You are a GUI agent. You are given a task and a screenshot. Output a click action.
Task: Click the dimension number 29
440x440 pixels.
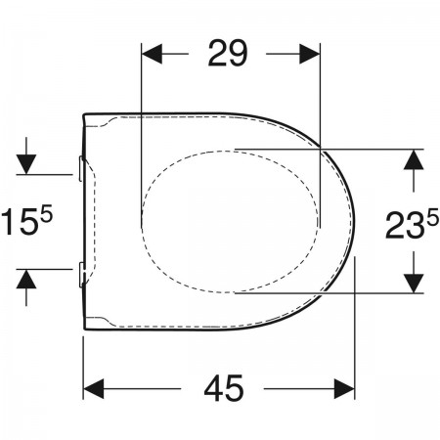(x=228, y=53)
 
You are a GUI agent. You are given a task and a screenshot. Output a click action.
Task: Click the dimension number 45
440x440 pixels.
(x=224, y=388)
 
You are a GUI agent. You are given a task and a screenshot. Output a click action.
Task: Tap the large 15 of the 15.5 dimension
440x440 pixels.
(x=20, y=222)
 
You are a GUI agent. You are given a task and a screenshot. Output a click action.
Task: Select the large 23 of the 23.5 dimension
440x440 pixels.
(x=405, y=226)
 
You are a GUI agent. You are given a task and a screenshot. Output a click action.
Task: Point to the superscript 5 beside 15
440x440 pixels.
(x=46, y=215)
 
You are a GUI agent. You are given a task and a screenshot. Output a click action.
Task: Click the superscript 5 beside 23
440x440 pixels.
(x=433, y=218)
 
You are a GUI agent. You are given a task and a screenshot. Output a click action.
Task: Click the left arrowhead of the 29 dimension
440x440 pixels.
(x=152, y=54)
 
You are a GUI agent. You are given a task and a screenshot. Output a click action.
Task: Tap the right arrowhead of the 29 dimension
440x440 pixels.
(x=309, y=54)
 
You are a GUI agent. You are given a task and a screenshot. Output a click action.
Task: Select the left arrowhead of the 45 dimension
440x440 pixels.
(x=94, y=388)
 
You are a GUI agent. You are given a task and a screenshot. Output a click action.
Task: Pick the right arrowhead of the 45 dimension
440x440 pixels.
(x=344, y=388)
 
